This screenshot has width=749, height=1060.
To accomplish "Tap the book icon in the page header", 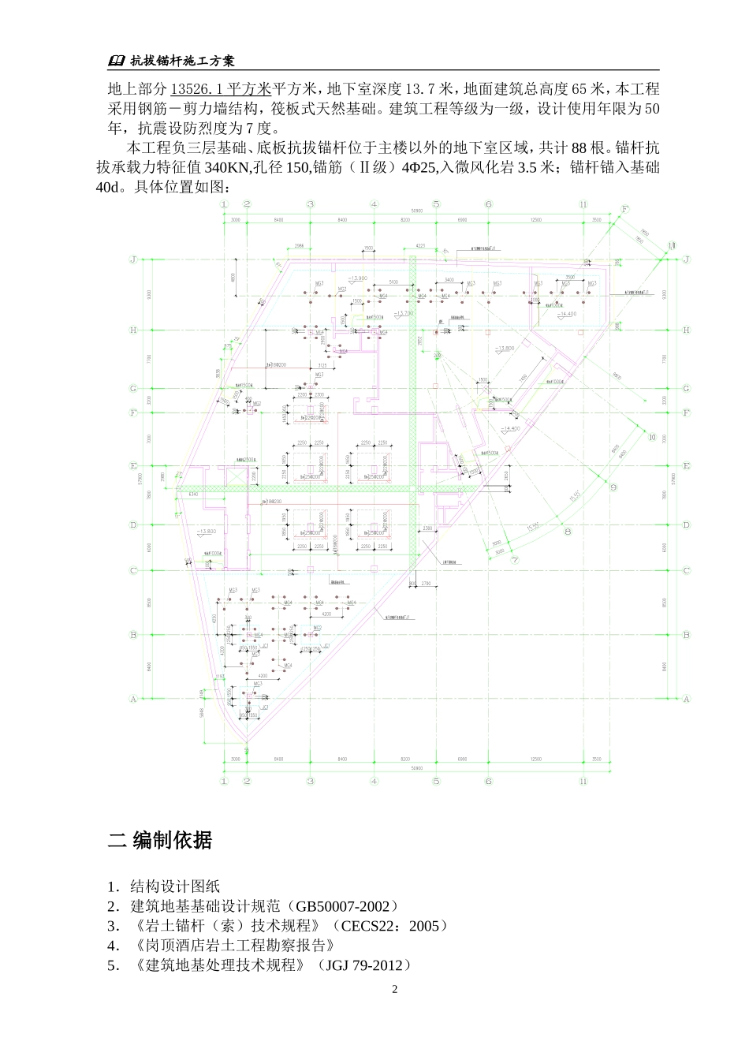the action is [x=116, y=61].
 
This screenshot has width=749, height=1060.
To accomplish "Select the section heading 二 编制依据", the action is [x=160, y=840].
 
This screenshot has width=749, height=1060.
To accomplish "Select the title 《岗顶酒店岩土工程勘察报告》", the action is [x=235, y=945].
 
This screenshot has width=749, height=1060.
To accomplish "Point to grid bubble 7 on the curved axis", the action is [x=514, y=558].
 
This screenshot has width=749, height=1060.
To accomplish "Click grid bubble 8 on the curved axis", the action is [x=567, y=532].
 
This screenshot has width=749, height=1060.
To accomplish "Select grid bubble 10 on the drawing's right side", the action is [x=650, y=436].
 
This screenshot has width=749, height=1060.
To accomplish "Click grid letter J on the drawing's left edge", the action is [x=133, y=259].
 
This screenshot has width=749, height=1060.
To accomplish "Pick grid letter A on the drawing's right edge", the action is [x=686, y=699].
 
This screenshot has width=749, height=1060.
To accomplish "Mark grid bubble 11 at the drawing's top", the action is [x=583, y=204].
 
